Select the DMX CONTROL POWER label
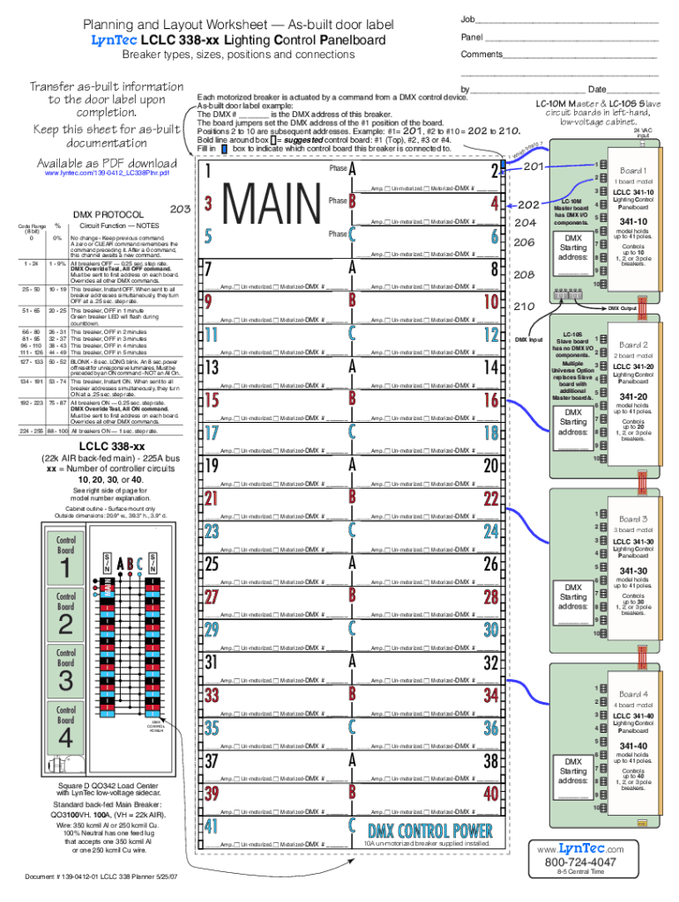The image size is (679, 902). coord(429,830)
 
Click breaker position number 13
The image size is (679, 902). coord(213,366)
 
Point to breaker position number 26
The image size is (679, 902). coord(491,563)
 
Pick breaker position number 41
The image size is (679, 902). coord(211,826)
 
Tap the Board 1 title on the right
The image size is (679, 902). coord(633,170)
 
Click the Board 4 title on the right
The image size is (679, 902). coord(633,695)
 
